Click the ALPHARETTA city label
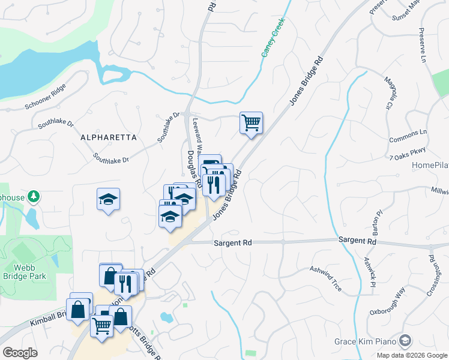click(x=109, y=137)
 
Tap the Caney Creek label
click(x=273, y=37)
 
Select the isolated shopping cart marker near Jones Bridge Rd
click(x=252, y=123)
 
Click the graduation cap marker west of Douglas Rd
click(x=109, y=200)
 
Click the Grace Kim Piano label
click(x=367, y=341)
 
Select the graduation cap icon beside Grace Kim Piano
click(x=406, y=341)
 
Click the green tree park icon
click(x=35, y=196)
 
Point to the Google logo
click(x=20, y=352)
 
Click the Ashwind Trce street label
click(x=325, y=279)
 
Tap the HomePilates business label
click(x=430, y=165)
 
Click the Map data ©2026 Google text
click(x=412, y=355)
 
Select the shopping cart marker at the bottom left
click(x=101, y=326)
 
